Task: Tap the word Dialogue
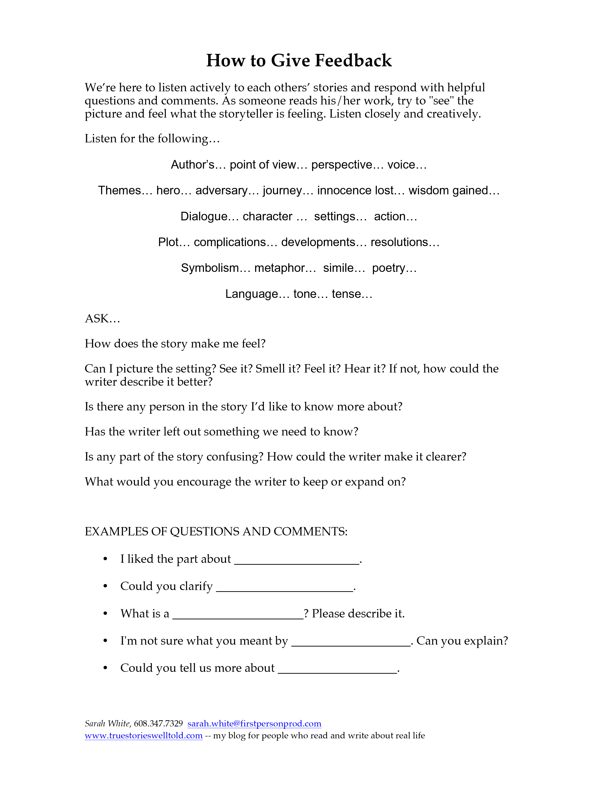204,216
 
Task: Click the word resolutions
399,242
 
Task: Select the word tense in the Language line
346,294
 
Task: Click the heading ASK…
102,319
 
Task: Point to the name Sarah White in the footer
107,724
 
